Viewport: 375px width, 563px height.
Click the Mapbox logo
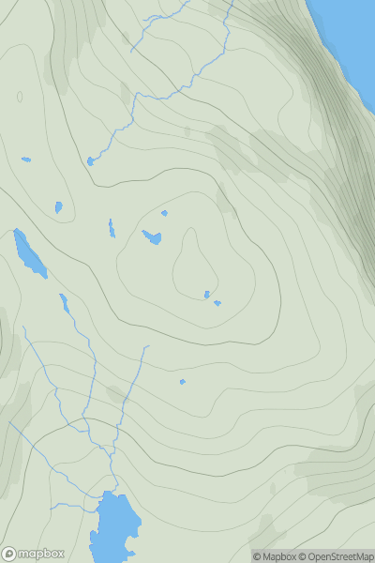click(x=34, y=554)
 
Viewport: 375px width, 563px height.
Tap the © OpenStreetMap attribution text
click(x=335, y=556)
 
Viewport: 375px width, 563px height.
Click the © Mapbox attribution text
click(x=275, y=556)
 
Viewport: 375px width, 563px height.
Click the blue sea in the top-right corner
click(x=352, y=28)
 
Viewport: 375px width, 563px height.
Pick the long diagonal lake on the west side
click(x=29, y=252)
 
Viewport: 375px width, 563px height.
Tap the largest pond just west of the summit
click(x=152, y=237)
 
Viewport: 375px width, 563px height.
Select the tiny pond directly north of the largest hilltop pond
click(x=164, y=213)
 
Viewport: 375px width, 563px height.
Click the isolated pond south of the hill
click(x=182, y=381)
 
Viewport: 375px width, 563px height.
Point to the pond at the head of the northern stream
click(x=91, y=161)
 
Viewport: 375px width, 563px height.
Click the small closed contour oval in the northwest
click(x=20, y=97)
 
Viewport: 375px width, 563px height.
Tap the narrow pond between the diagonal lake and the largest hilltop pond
click(x=112, y=228)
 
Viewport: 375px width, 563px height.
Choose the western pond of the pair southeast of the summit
click(x=207, y=295)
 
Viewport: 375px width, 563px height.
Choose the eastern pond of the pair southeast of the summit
click(x=217, y=303)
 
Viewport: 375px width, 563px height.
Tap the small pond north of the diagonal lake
click(x=58, y=206)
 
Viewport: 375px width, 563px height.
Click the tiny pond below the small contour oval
click(x=26, y=159)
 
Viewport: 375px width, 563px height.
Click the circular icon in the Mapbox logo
click(x=10, y=554)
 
